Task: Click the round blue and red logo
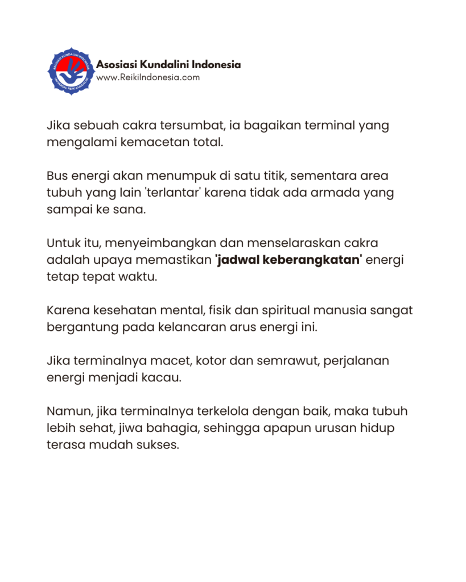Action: tap(71, 71)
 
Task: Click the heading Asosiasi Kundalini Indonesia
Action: tap(168, 64)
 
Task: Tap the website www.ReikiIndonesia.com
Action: tap(148, 77)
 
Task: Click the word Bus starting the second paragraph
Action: tap(57, 176)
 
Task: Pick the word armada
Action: tap(325, 193)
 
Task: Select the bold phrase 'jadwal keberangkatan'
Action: tap(288, 260)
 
